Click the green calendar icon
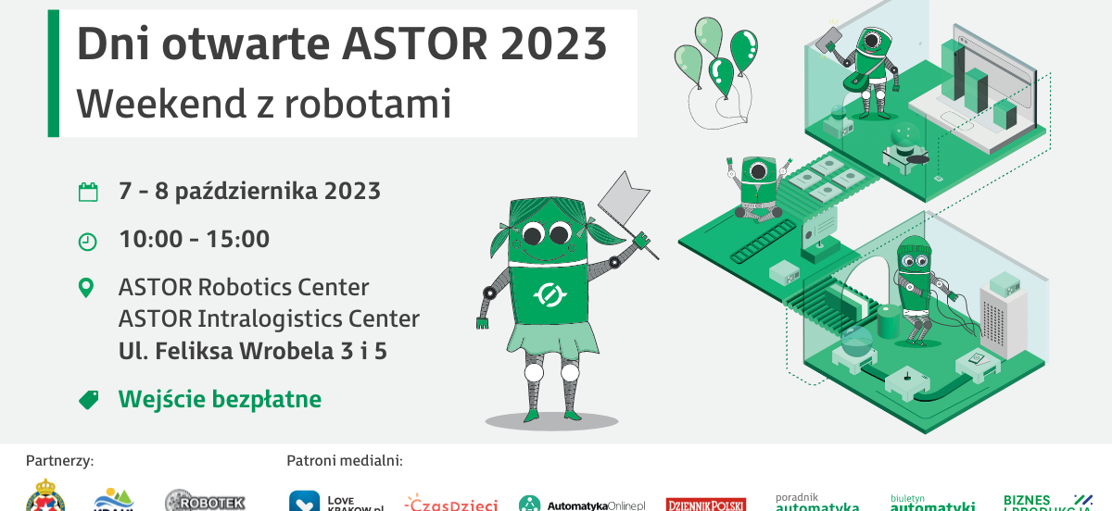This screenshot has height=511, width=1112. tap(87, 193)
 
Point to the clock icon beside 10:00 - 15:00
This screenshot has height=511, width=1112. tap(87, 241)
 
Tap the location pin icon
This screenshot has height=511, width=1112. tap(87, 288)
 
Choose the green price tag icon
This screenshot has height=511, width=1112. tap(88, 400)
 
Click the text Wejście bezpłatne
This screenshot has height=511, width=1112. tap(220, 400)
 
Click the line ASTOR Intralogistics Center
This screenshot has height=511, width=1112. tap(269, 319)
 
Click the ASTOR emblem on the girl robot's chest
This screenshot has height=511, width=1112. tap(549, 295)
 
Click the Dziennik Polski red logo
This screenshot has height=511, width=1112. tap(706, 505)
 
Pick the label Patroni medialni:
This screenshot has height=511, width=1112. tap(344, 460)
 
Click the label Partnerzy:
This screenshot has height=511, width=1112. tap(60, 460)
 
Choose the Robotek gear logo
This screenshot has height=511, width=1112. tap(205, 502)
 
